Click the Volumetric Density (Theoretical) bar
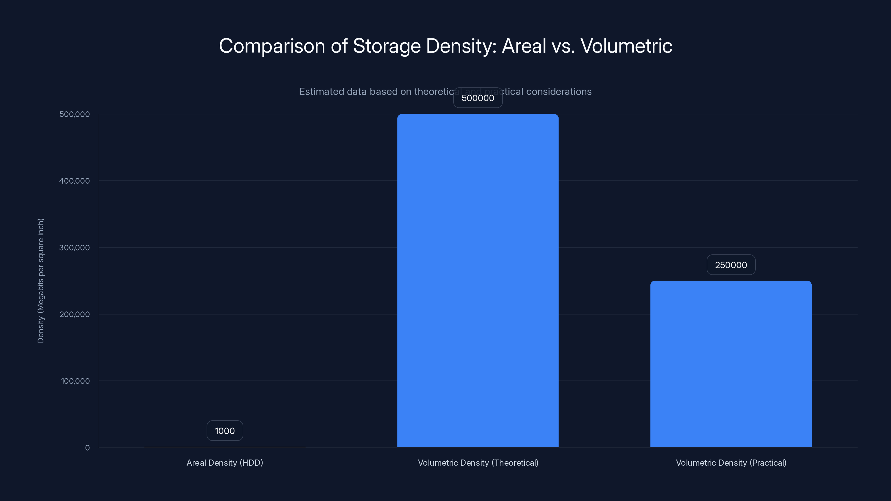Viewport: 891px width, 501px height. pos(478,280)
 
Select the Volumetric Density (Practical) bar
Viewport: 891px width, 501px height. pos(731,364)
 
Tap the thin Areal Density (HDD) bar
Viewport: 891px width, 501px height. pos(225,447)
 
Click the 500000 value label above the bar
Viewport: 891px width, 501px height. pos(478,98)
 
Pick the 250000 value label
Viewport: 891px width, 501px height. pos(731,265)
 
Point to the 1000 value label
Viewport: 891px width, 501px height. pos(225,431)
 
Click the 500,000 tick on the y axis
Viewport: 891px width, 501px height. pos(74,114)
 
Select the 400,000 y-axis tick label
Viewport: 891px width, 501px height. pos(74,181)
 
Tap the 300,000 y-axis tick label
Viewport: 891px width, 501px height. pos(74,247)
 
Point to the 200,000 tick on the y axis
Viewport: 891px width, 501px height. pos(74,314)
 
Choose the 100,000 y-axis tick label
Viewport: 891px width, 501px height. pos(75,381)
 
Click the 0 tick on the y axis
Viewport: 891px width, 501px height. pos(87,448)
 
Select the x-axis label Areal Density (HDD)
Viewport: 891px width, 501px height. pos(225,463)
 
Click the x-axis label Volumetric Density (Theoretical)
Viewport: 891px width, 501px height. pos(478,463)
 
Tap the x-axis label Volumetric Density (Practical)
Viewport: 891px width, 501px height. pos(731,463)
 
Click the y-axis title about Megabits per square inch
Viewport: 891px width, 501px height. pos(40,280)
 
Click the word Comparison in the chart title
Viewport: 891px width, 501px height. pos(272,46)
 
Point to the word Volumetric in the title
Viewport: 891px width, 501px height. pos(626,46)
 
